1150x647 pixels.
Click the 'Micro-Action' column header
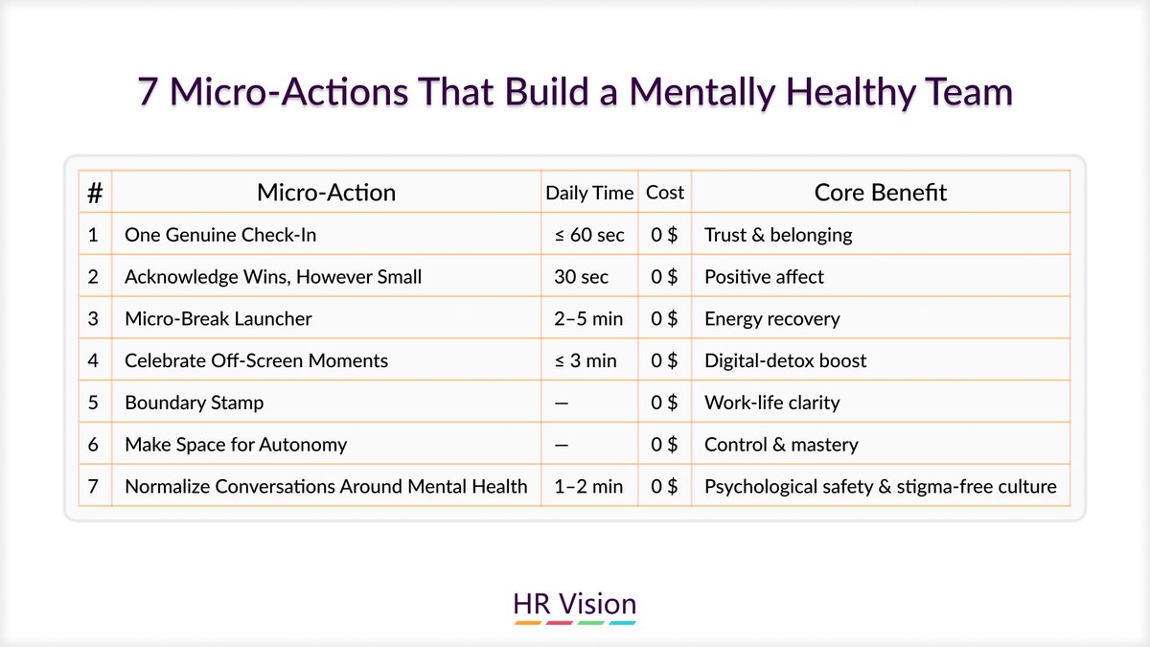(x=326, y=192)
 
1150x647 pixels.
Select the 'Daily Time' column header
(x=589, y=193)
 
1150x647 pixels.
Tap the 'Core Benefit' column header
(x=880, y=192)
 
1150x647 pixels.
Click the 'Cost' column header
(x=665, y=193)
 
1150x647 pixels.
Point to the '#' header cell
(x=95, y=193)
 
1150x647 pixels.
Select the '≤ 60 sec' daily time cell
(x=588, y=235)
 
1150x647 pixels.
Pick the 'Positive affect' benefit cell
(x=764, y=277)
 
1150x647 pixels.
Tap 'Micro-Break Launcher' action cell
(x=218, y=318)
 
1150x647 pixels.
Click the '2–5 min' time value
(x=587, y=318)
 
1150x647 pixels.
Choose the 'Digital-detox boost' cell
(x=785, y=360)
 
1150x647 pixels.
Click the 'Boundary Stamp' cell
(x=194, y=403)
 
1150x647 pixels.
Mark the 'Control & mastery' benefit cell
(x=781, y=445)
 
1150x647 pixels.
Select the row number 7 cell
(x=94, y=487)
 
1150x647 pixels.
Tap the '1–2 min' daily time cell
(x=587, y=487)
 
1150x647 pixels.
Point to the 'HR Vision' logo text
(x=575, y=604)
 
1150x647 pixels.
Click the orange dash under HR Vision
(x=528, y=623)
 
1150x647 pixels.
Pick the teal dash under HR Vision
(x=623, y=623)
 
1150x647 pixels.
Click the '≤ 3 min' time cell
(x=585, y=360)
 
